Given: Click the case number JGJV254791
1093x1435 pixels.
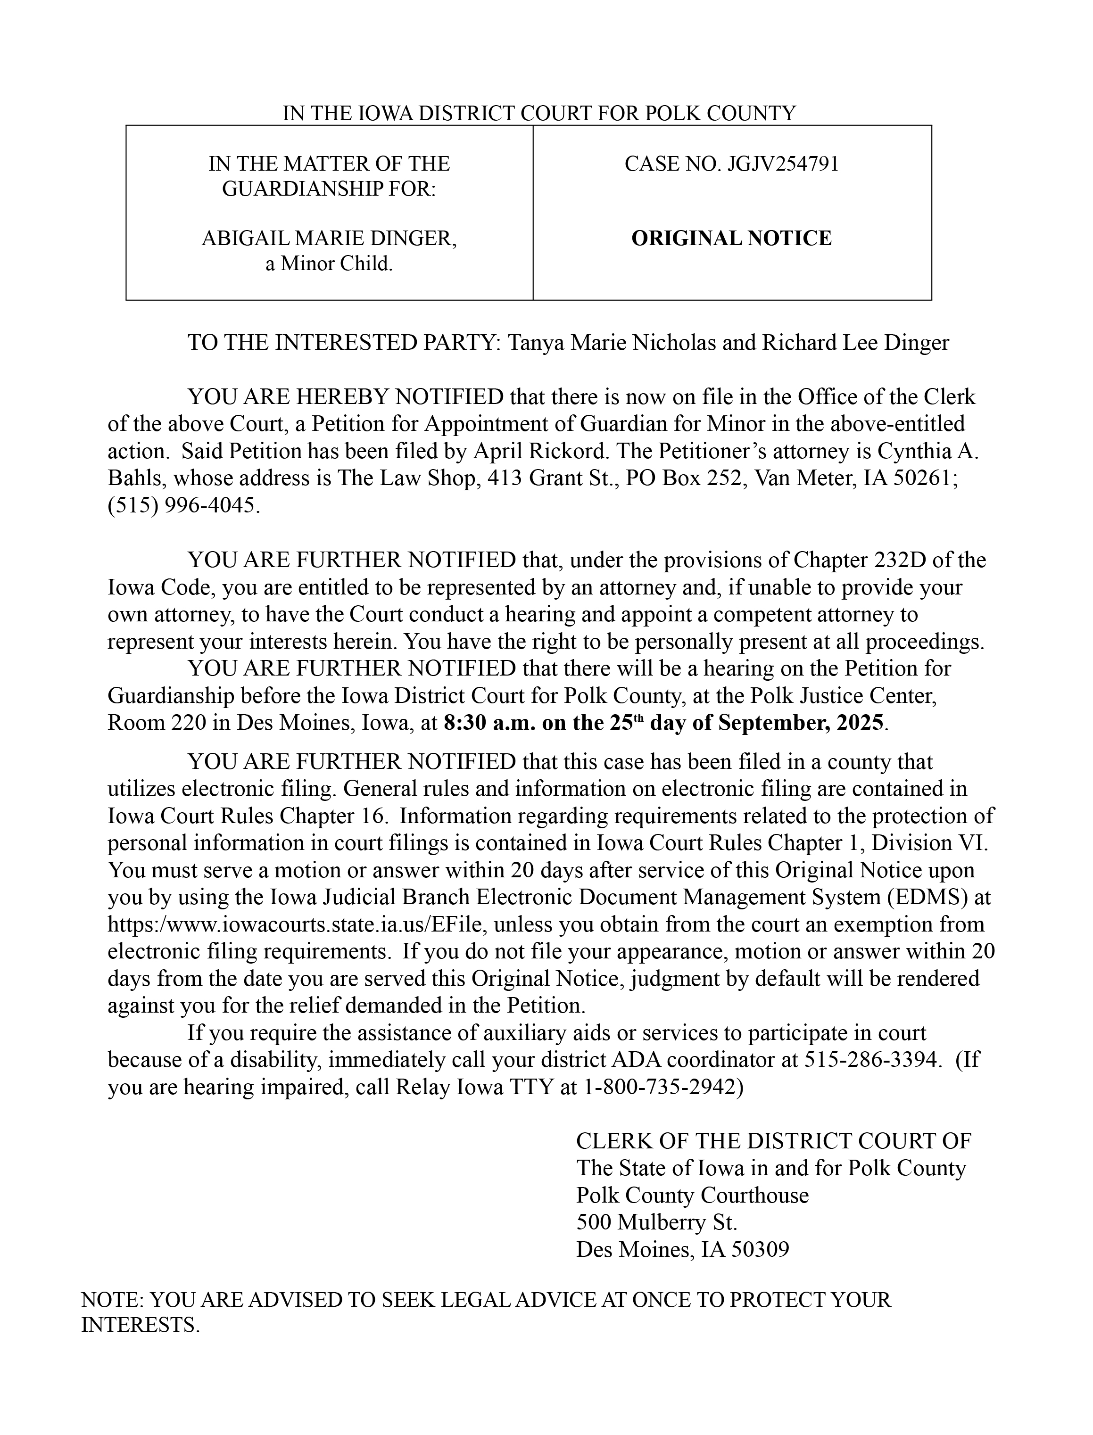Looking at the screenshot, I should [x=783, y=164].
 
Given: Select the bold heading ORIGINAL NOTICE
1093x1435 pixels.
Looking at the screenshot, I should [x=731, y=238].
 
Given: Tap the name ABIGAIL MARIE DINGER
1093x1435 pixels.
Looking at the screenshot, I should [x=329, y=238].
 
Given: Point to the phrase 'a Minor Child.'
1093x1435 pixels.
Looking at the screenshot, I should [x=329, y=264].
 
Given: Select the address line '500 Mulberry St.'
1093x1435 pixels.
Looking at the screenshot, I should [x=656, y=1223].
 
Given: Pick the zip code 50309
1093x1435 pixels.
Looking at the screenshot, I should [x=759, y=1250].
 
